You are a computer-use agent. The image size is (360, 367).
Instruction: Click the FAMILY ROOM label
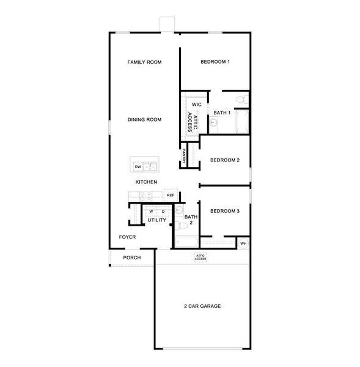pyautogui.click(x=144, y=62)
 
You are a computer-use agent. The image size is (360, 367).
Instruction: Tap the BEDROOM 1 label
pyautogui.click(x=215, y=62)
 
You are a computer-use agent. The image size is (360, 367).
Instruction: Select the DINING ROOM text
pyautogui.click(x=144, y=120)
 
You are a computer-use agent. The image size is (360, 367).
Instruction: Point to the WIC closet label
pyautogui.click(x=196, y=105)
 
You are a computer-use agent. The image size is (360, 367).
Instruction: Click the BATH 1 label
pyautogui.click(x=222, y=113)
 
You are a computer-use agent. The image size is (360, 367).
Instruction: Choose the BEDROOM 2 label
pyautogui.click(x=224, y=160)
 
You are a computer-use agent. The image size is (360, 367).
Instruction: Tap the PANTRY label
pyautogui.click(x=184, y=157)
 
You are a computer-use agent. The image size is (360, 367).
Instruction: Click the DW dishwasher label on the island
pyautogui.click(x=138, y=166)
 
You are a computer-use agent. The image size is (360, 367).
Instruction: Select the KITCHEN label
pyautogui.click(x=147, y=182)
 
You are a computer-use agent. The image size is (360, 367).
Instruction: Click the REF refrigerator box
pyautogui.click(x=171, y=195)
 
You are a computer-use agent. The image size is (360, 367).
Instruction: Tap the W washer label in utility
pyautogui.click(x=150, y=212)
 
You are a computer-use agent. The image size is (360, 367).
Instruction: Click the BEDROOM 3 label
pyautogui.click(x=224, y=212)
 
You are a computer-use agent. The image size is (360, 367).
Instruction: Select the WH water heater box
pyautogui.click(x=243, y=243)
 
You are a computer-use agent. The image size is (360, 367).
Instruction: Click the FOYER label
pyautogui.click(x=127, y=237)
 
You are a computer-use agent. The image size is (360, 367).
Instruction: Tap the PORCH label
pyautogui.click(x=132, y=258)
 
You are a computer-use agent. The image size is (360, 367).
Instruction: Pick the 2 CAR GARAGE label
pyautogui.click(x=202, y=306)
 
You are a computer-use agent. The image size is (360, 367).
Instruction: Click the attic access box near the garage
pyautogui.click(x=200, y=258)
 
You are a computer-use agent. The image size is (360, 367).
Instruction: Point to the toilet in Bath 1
pyautogui.click(x=241, y=98)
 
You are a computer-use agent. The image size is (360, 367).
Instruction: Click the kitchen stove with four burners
pyautogui.click(x=145, y=196)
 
